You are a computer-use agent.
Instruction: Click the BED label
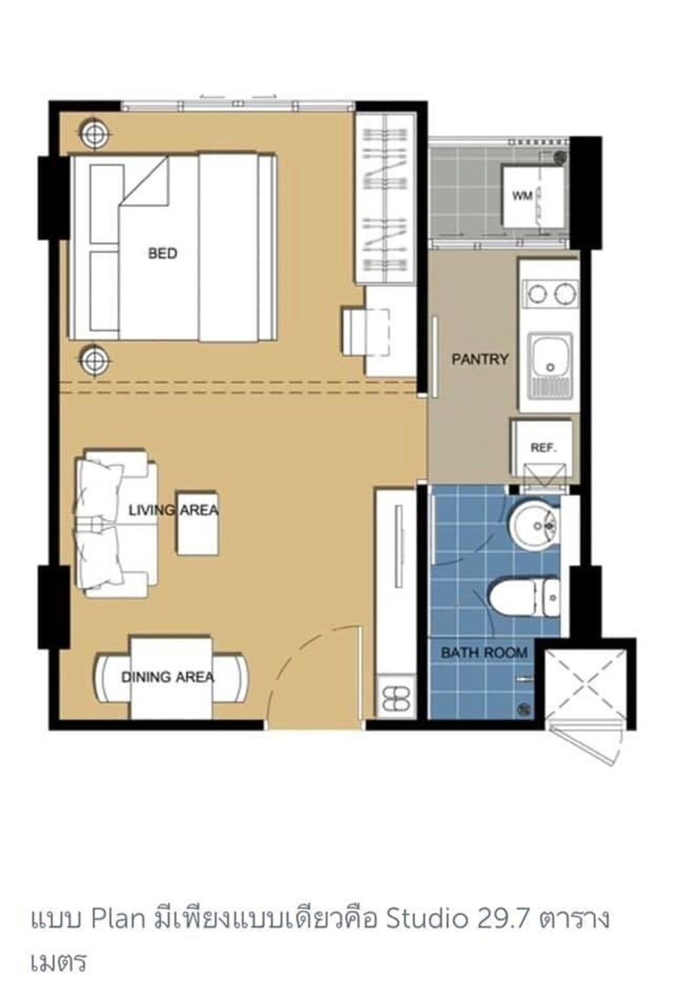click(162, 254)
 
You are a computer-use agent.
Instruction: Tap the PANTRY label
click(480, 359)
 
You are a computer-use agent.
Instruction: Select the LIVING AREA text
click(173, 510)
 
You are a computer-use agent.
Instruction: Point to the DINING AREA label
click(168, 677)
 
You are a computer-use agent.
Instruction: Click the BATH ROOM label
click(484, 652)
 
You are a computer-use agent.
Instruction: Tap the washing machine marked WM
click(533, 196)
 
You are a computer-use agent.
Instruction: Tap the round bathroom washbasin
click(534, 526)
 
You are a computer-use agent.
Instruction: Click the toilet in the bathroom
click(525, 597)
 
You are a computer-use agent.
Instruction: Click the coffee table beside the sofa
click(197, 524)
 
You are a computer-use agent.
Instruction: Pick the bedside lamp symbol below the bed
click(94, 360)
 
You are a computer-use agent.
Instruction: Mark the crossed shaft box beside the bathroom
click(586, 684)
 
